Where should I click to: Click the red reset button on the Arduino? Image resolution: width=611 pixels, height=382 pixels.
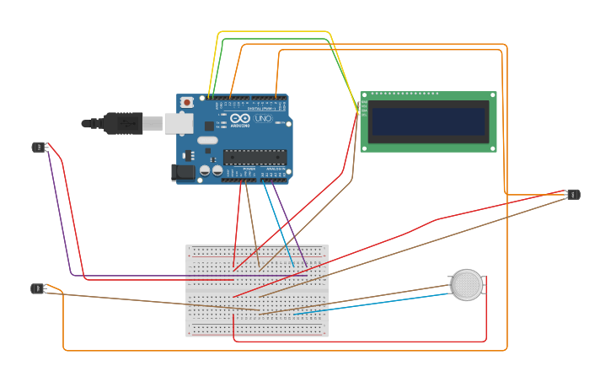186,103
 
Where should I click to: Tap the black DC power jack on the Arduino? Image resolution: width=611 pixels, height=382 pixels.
183,172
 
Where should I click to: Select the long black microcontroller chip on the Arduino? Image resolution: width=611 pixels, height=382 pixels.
255,157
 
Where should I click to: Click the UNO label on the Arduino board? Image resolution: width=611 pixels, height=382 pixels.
263,119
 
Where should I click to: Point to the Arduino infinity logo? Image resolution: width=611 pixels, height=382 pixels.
240,119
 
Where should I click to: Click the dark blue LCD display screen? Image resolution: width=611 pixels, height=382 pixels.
429,121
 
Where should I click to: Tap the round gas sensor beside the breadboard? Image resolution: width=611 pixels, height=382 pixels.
466,285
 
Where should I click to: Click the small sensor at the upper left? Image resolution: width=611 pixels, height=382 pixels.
38,148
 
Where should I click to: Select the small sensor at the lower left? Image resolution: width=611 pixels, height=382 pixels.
37,288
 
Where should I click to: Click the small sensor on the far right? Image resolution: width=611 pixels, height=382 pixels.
573,195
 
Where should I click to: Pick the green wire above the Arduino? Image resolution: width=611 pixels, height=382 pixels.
270,39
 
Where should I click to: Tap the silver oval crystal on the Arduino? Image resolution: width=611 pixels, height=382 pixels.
207,140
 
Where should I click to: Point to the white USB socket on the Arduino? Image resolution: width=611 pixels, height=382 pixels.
178,123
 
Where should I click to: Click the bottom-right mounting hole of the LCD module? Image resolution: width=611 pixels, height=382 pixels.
493,148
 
